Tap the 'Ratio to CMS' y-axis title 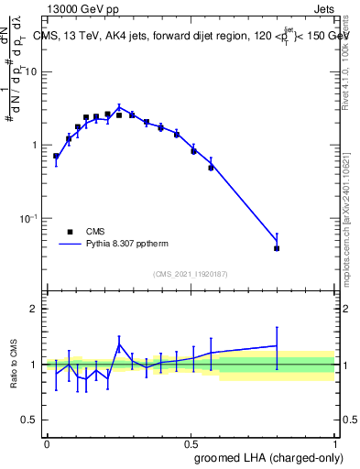14,364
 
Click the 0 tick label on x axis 47,442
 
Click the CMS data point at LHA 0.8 277,248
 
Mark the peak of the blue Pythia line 119,106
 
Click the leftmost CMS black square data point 56,157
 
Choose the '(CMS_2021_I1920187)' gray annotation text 190,273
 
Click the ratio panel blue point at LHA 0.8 277,345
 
